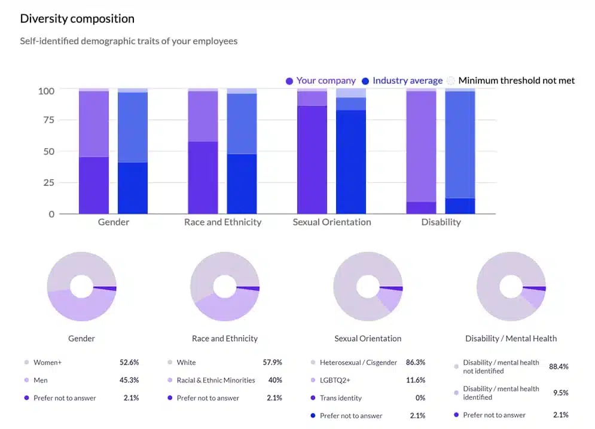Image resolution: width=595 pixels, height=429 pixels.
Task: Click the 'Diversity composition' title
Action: (77, 19)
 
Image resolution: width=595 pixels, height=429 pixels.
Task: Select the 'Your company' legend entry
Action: (325, 81)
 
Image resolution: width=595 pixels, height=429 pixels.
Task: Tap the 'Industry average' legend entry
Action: (407, 81)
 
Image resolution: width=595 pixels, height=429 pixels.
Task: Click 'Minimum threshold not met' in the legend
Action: (516, 81)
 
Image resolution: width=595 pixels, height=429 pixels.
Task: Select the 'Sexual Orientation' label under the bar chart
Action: (332, 222)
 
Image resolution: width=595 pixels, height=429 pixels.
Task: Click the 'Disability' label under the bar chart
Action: (441, 222)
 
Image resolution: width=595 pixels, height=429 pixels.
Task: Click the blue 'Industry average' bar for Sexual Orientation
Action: (351, 161)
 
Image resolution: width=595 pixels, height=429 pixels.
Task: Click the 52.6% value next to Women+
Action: (129, 363)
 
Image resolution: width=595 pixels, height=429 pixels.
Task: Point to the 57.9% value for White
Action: (272, 363)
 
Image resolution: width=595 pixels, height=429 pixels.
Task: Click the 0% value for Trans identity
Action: (420, 398)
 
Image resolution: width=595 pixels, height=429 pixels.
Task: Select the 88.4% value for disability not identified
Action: (559, 366)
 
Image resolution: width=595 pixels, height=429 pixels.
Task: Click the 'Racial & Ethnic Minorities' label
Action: (216, 381)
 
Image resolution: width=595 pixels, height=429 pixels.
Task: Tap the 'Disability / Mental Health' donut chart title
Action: (511, 339)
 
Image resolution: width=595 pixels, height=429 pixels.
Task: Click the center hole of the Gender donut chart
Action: (81, 287)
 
